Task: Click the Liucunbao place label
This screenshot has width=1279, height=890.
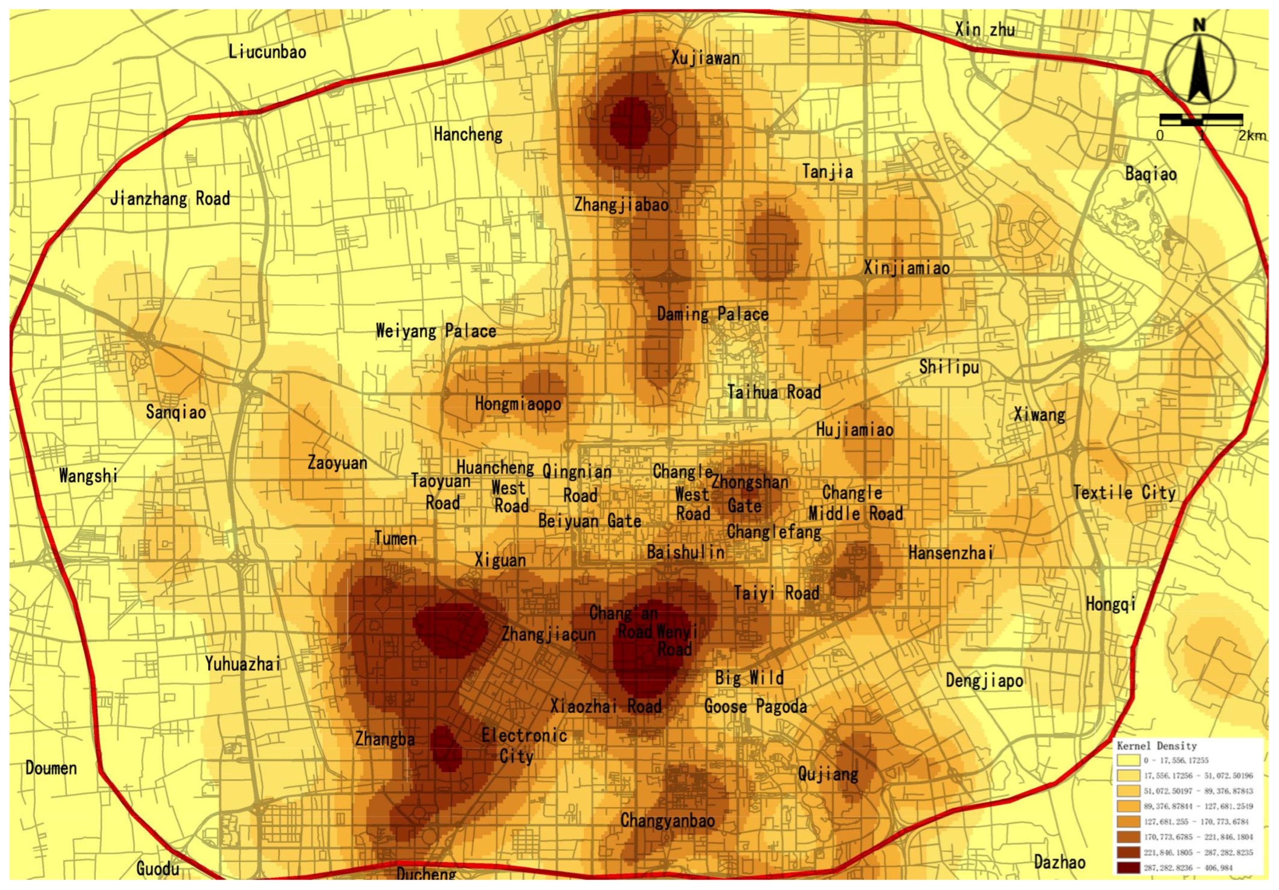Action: pyautogui.click(x=267, y=52)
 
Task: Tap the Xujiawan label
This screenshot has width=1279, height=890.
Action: pyautogui.click(x=705, y=58)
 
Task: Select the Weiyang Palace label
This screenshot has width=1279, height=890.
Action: pyautogui.click(x=436, y=331)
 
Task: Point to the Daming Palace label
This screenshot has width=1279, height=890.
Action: pyautogui.click(x=712, y=314)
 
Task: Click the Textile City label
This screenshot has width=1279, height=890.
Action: pyautogui.click(x=1124, y=493)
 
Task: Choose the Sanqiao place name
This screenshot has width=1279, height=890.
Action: pyautogui.click(x=176, y=412)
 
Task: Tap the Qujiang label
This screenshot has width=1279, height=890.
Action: pyautogui.click(x=828, y=773)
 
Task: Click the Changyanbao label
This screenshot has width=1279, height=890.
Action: pyautogui.click(x=667, y=820)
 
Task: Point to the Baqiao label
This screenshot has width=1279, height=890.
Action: pyautogui.click(x=1151, y=174)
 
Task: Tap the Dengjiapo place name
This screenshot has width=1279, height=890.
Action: pyautogui.click(x=984, y=680)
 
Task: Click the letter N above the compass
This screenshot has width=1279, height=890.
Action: pyautogui.click(x=1199, y=25)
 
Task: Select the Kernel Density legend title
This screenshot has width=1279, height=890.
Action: pyautogui.click(x=1156, y=746)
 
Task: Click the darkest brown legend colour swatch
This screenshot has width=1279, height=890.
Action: pyautogui.click(x=1128, y=868)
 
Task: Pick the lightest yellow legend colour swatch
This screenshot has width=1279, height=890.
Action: pyautogui.click(x=1128, y=760)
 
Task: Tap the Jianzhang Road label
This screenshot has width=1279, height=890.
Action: pyautogui.click(x=170, y=199)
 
